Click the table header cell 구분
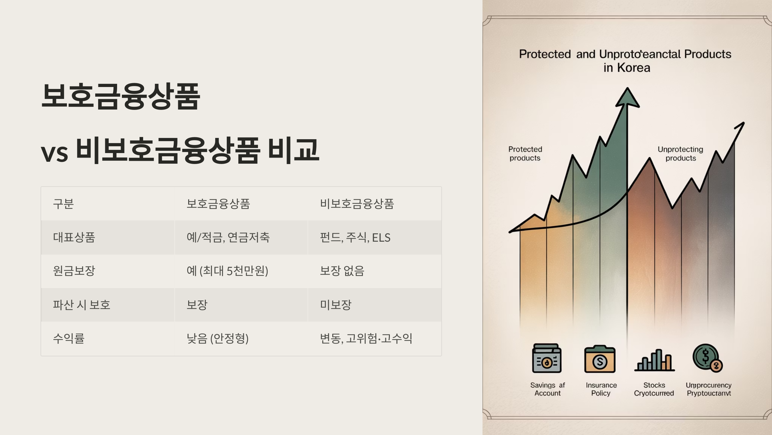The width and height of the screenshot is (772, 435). [63, 204]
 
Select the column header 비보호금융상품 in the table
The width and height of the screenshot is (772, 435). [357, 204]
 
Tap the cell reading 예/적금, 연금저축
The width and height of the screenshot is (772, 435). [228, 237]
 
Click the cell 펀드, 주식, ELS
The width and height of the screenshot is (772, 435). [355, 237]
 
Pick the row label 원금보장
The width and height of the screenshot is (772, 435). [74, 271]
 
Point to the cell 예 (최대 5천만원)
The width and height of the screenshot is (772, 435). [227, 271]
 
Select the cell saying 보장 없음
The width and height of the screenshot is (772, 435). [342, 271]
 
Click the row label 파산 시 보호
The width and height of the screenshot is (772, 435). [81, 305]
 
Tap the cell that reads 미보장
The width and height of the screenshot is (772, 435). [335, 305]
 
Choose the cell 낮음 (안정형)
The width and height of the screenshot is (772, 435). [217, 338]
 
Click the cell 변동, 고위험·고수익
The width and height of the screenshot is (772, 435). [366, 338]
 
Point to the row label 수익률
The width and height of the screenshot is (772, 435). [69, 338]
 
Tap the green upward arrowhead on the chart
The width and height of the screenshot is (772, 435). [627, 98]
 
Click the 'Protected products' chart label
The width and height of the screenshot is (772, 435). [525, 154]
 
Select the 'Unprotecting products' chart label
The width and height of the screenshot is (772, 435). [680, 154]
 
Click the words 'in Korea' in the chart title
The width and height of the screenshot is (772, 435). [627, 68]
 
